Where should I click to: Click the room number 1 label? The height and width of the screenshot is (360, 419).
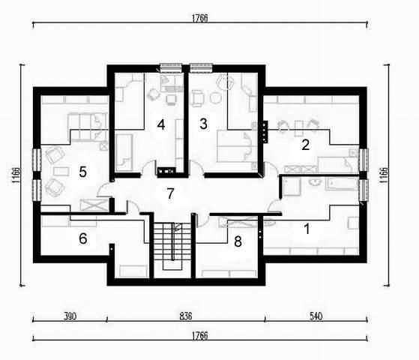[307, 229]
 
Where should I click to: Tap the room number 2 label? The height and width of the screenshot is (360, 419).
[305, 145]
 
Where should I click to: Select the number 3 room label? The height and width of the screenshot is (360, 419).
[203, 124]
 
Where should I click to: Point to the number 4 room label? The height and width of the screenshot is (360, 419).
[161, 124]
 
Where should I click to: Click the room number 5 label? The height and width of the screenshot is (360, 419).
[83, 172]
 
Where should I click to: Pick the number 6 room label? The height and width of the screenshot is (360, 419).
[83, 238]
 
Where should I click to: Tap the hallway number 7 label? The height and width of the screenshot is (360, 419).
[170, 193]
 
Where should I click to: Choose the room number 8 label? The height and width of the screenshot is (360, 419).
[238, 241]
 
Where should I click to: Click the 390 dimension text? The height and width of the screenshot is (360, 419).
[70, 316]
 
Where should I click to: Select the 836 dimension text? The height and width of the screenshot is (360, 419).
[185, 316]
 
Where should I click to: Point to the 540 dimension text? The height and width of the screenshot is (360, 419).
[316, 316]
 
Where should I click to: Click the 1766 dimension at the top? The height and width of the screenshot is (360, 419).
[199, 18]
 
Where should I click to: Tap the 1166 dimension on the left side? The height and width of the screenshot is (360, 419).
[16, 175]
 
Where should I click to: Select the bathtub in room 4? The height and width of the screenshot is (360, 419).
[124, 152]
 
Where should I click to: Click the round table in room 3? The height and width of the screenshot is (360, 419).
[216, 98]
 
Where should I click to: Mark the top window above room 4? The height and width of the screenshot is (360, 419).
[171, 68]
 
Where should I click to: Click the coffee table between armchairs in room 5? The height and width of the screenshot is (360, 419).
[61, 171]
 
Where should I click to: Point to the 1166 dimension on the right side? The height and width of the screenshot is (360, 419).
[384, 175]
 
